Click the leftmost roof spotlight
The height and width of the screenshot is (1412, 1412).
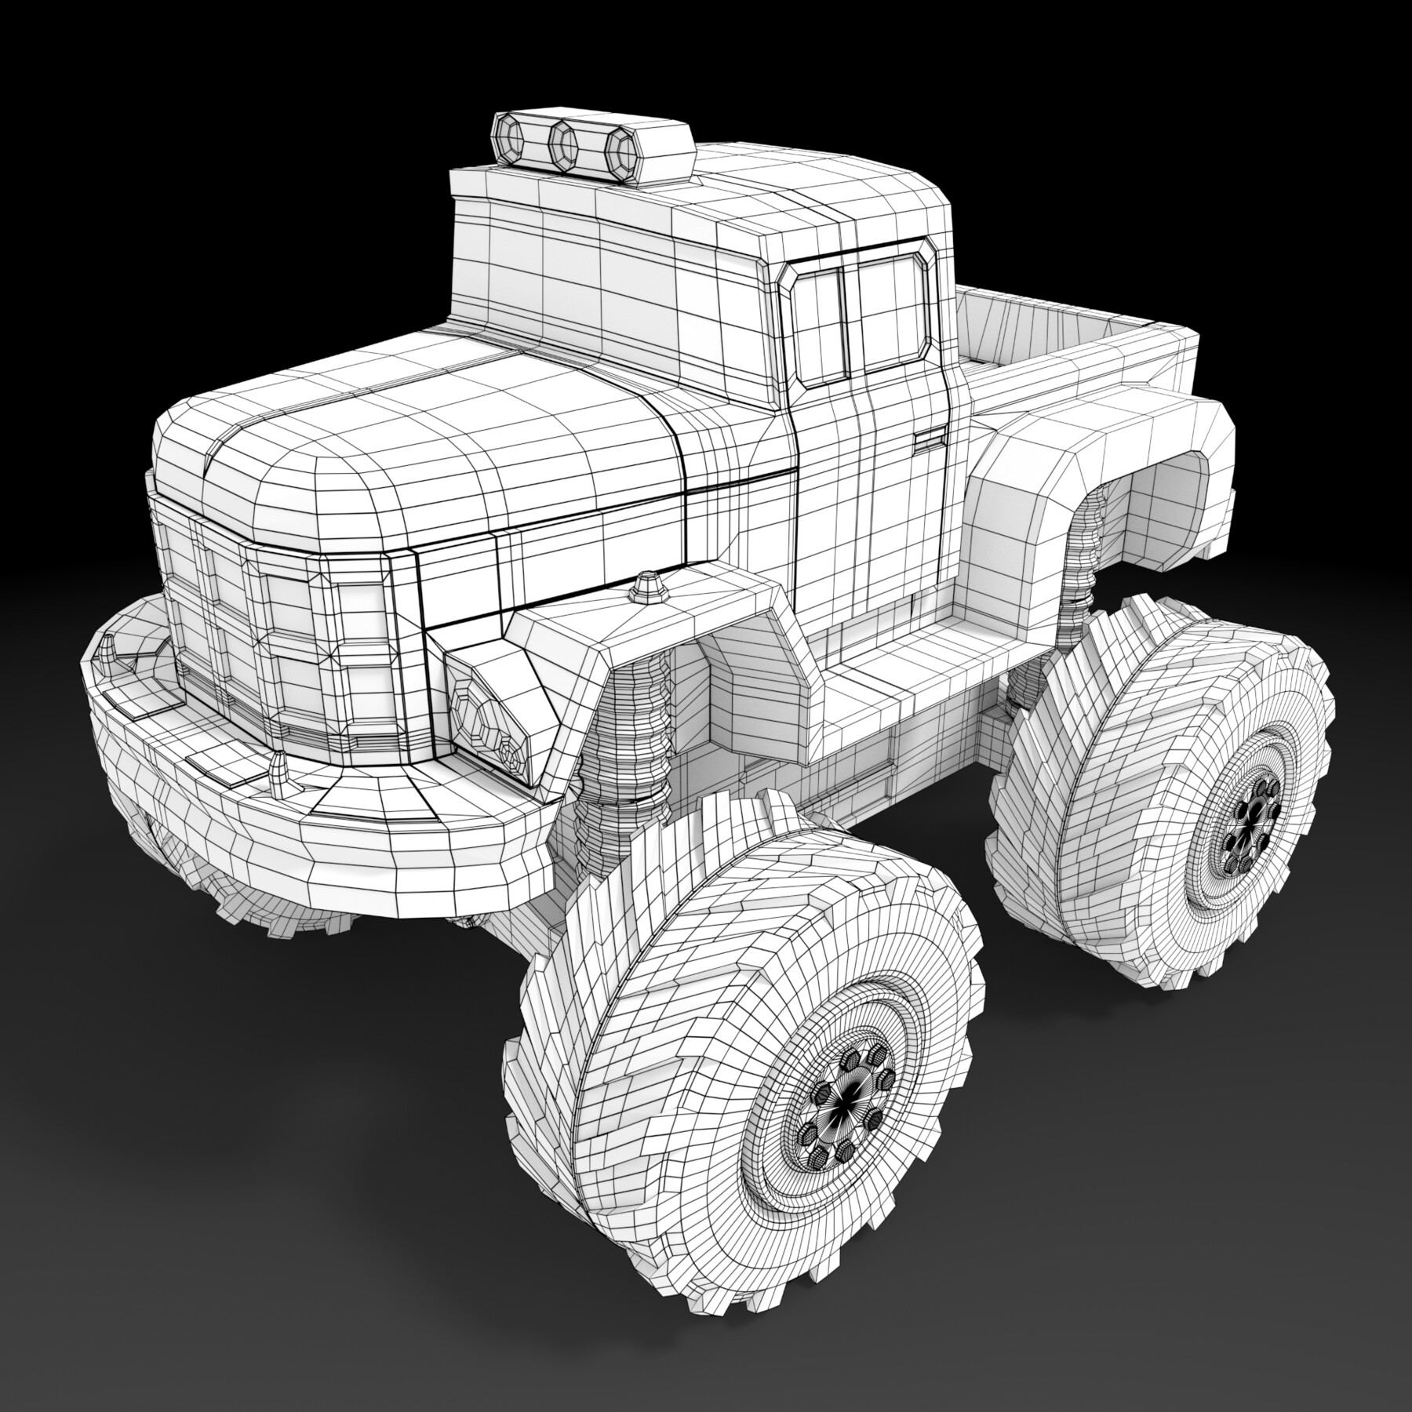point(511,139)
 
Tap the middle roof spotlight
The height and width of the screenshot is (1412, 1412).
point(563,144)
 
